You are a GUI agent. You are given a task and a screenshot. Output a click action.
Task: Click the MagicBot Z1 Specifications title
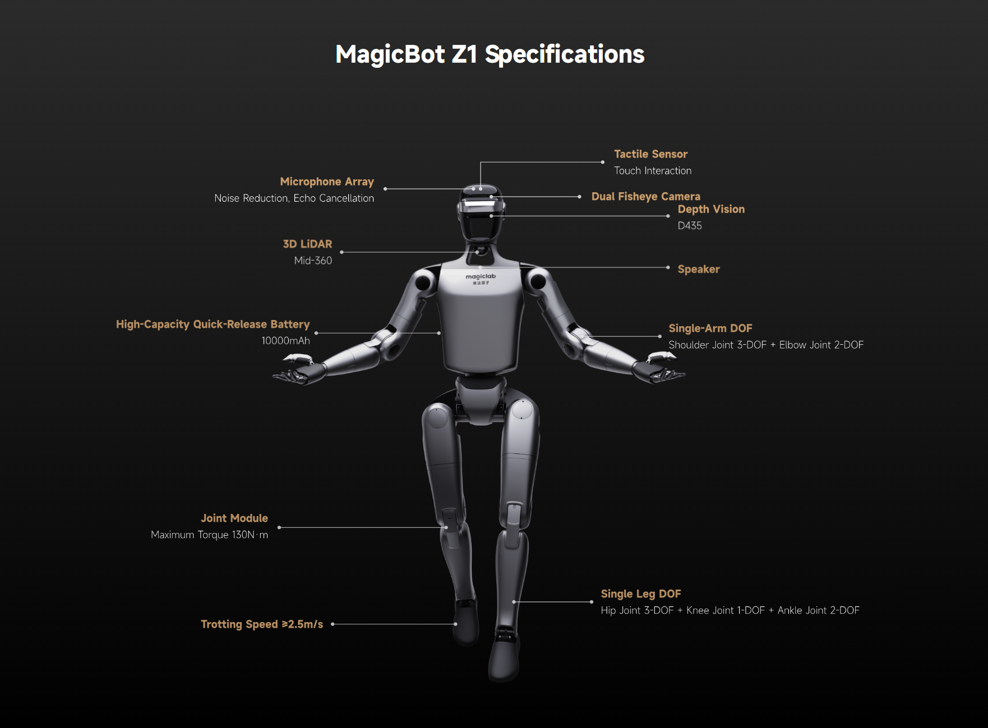point(490,55)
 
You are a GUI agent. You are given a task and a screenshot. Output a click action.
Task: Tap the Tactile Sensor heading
point(650,154)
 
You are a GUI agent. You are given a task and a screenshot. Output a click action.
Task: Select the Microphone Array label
point(327,182)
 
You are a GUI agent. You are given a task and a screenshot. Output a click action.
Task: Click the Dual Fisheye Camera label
point(646,197)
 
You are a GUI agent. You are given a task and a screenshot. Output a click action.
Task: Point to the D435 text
point(690,226)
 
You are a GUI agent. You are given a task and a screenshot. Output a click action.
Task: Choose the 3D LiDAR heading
point(307,244)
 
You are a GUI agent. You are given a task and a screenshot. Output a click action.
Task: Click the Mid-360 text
point(313,261)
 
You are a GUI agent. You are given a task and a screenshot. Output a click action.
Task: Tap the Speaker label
point(699,270)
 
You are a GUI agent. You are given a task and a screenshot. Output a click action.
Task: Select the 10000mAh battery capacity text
point(285,341)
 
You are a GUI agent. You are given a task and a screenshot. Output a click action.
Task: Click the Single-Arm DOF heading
point(710,328)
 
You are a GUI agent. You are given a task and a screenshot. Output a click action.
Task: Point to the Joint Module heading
point(234,518)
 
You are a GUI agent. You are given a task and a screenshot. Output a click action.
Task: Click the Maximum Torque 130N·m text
point(209,535)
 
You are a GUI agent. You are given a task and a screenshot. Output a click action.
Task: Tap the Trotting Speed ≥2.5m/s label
point(262,624)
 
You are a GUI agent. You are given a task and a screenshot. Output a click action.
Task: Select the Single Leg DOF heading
point(641,594)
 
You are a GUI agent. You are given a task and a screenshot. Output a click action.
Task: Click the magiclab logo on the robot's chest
point(481,279)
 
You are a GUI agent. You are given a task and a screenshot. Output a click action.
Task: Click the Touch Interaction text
point(653,171)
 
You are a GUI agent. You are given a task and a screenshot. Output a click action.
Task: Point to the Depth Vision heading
point(711,210)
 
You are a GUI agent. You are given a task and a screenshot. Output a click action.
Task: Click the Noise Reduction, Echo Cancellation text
point(294,198)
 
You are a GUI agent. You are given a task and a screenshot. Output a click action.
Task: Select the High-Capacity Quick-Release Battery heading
point(213,324)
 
